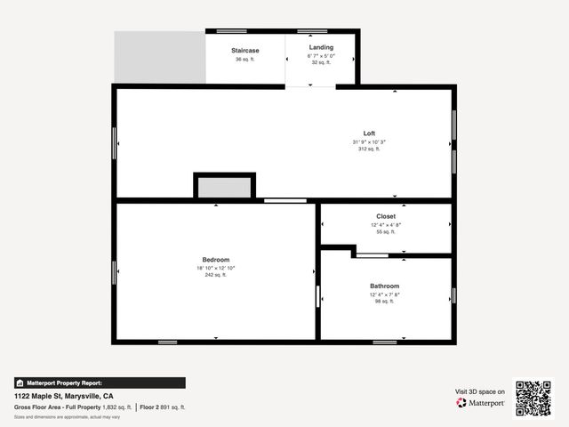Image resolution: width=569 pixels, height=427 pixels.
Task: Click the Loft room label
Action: click(369, 133)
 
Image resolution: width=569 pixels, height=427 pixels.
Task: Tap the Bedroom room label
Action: click(215, 260)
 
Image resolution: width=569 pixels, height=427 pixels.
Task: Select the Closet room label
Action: click(386, 216)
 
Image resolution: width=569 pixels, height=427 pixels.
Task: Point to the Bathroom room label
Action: click(385, 286)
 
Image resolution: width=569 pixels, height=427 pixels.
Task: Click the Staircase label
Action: click(244, 50)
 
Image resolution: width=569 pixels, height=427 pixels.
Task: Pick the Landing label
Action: click(321, 47)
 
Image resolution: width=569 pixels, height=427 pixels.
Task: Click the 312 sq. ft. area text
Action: click(369, 149)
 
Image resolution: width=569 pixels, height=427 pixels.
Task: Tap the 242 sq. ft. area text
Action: click(215, 275)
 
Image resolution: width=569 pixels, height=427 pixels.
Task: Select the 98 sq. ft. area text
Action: click(385, 302)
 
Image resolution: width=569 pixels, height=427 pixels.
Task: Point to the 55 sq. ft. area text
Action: click(386, 231)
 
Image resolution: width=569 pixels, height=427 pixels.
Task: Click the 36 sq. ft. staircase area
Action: click(244, 60)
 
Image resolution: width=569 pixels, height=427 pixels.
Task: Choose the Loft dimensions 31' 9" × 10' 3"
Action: click(369, 142)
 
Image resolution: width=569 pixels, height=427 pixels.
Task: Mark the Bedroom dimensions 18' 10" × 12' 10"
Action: click(215, 268)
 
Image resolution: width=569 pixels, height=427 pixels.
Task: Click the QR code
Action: click(533, 399)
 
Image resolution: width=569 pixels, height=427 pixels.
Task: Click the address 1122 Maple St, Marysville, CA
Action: click(63, 396)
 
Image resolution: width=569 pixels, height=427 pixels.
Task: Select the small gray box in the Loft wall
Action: click(224, 188)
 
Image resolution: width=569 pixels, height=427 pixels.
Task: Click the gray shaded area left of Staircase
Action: click(159, 58)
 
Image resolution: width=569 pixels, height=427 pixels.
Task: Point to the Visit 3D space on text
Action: click(480, 391)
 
